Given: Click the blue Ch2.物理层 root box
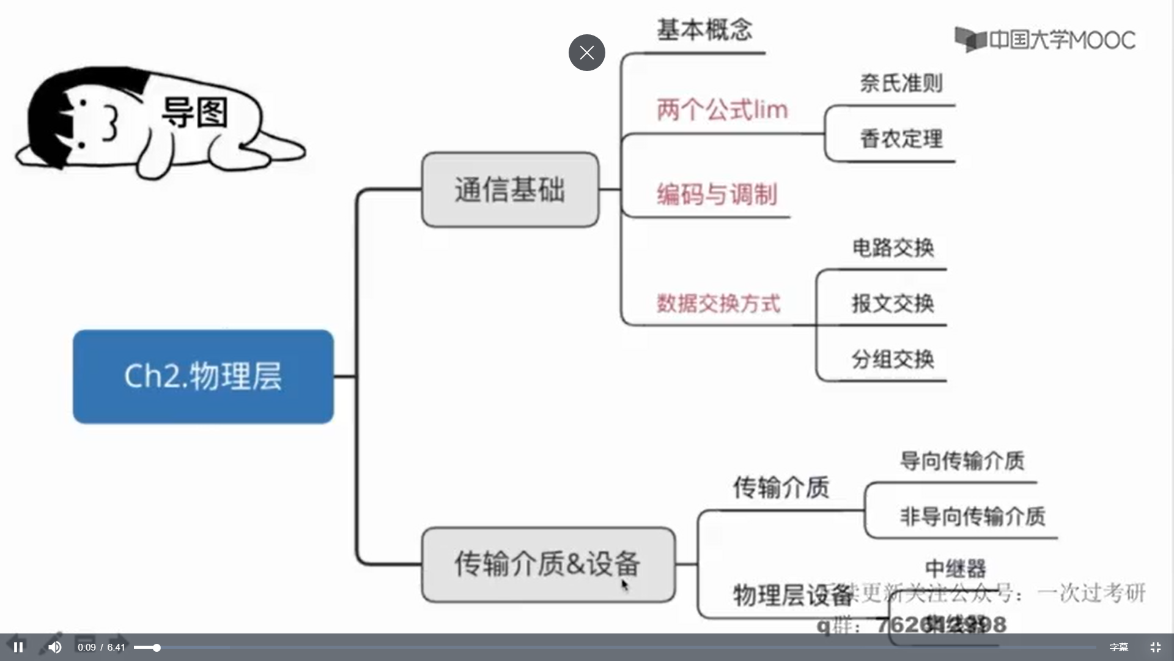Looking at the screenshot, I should tap(203, 376).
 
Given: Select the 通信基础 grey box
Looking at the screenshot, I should tap(509, 190).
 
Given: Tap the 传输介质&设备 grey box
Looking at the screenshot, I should tap(548, 564).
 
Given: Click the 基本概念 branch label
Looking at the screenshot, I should tap(704, 30).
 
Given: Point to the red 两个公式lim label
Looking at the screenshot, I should tap(722, 110).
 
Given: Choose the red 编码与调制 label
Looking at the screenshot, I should tap(717, 195).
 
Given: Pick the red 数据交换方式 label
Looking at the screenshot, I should tap(718, 304).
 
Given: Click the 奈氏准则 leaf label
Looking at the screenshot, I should tap(901, 83).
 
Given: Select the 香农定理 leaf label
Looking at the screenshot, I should tap(901, 139).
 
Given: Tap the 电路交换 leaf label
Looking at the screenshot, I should tap(893, 248).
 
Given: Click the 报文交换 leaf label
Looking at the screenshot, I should tap(893, 304).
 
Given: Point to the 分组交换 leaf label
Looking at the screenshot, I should tap(893, 359).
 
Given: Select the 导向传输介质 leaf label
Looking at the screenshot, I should tap(962, 461).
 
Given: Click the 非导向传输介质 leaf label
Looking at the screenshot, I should tap(972, 517).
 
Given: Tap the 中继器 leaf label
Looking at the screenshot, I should tap(955, 569).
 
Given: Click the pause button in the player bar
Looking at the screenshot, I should tap(18, 647).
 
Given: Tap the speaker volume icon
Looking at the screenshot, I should tap(55, 647).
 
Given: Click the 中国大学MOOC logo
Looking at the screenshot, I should tap(1045, 40).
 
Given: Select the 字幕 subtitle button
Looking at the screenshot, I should tap(1118, 647).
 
